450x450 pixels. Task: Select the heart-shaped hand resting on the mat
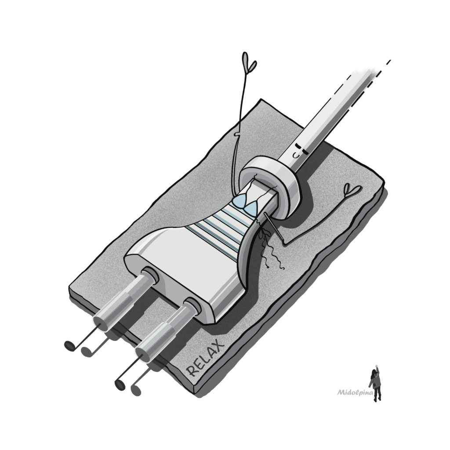352,190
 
